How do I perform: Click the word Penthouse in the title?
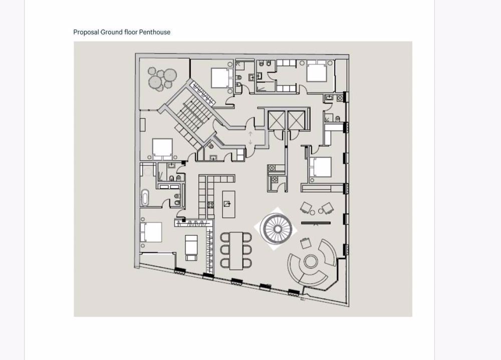click(x=154, y=32)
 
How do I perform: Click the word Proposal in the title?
click(x=86, y=32)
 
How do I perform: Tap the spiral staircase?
click(x=275, y=229)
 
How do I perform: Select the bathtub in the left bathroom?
click(x=145, y=198)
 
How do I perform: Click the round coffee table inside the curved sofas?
click(x=311, y=261)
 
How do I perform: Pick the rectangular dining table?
click(x=235, y=250)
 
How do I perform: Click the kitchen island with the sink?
click(x=228, y=203)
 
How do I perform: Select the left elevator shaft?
click(x=276, y=120)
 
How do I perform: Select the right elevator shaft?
click(x=296, y=120)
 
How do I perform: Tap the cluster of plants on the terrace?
click(x=162, y=79)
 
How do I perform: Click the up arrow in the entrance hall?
click(x=250, y=134)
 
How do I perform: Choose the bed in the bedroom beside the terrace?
click(x=220, y=78)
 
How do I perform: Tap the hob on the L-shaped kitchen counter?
click(x=211, y=204)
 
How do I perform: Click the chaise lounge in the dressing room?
click(x=191, y=247)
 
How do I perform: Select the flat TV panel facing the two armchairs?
click(x=316, y=222)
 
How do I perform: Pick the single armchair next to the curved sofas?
click(x=305, y=244)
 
